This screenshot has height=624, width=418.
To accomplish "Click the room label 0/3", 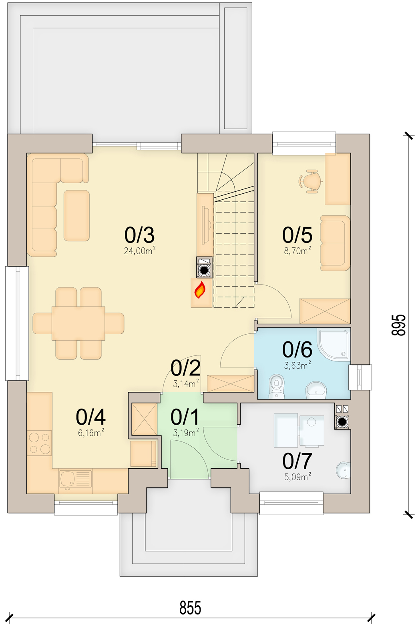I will [x=139, y=235].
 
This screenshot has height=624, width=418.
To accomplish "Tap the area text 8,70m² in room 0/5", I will [x=297, y=251].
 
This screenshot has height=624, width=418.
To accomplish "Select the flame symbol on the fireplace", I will [x=200, y=290].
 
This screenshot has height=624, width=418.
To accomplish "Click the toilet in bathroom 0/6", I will [x=276, y=386].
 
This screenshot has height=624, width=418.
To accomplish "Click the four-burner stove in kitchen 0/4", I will [x=39, y=443].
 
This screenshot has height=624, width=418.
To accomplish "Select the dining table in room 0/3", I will [x=78, y=323].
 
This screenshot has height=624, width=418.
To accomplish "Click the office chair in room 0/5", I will [x=311, y=181].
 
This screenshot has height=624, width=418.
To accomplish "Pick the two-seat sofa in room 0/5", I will [x=335, y=243].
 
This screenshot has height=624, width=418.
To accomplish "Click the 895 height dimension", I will [x=399, y=325].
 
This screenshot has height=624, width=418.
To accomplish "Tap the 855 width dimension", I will [x=190, y=608].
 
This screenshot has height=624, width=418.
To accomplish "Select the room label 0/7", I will [x=297, y=461].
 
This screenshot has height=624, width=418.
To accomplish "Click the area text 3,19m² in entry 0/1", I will [x=186, y=433].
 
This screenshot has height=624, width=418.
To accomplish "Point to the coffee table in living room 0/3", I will [x=76, y=216].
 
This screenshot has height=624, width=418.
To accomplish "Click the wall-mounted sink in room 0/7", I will [x=343, y=470].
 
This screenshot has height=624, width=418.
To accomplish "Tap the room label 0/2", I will [x=185, y=367].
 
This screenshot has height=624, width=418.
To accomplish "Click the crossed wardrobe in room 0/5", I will [x=325, y=311].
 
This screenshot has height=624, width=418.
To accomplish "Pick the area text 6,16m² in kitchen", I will [x=91, y=432].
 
